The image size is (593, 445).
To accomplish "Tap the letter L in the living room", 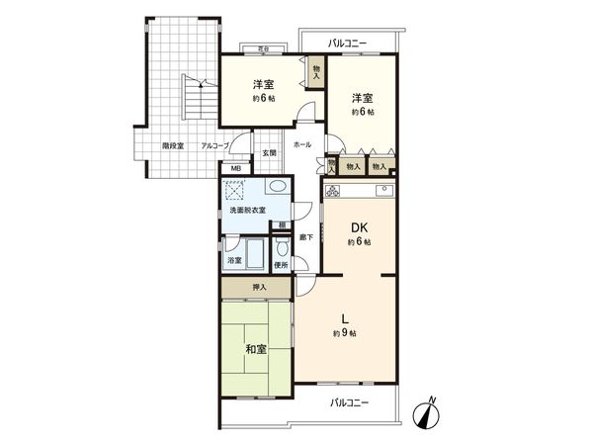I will pos(344,319).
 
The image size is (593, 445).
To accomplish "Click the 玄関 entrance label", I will pos(270,152).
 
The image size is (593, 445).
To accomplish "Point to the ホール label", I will pos(302,144).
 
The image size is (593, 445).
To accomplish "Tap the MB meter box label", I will pos(235,169).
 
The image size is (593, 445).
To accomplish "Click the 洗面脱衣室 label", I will pos(248,211).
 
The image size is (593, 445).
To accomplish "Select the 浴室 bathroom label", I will pos(234,260).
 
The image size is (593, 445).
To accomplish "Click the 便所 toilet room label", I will pos(280,264).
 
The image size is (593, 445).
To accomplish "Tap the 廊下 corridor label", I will pos(308,236).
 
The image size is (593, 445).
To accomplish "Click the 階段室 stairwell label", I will pos(174,145).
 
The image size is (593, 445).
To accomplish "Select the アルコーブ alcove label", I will pos(214,145).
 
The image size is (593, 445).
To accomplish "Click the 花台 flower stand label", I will pos(263,46).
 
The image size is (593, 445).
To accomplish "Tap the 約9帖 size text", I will pos(344,334).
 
